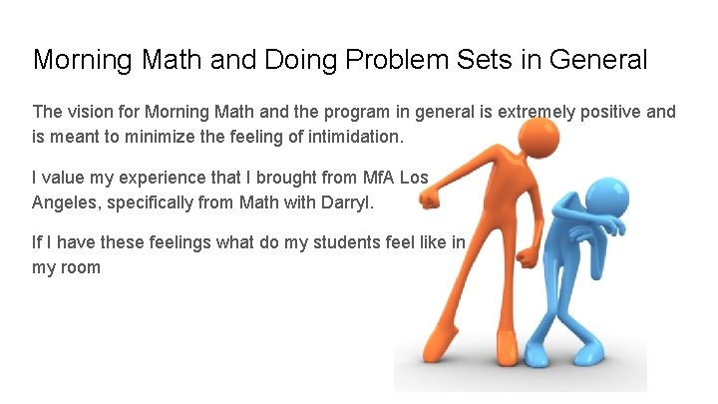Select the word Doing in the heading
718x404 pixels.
pos(300,60)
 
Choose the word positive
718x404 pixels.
pos(610,112)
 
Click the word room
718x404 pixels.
pos(80,266)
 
